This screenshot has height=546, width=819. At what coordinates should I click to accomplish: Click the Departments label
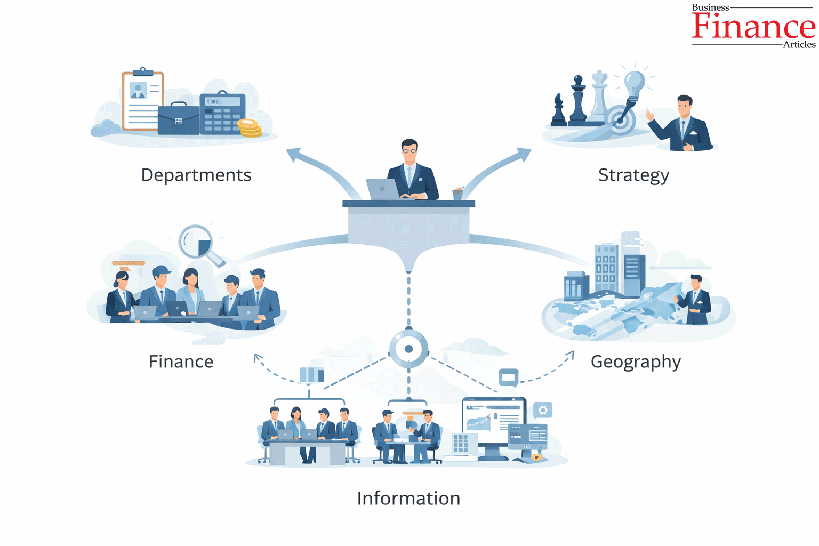[196, 175]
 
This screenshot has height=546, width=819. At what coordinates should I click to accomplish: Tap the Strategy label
[633, 175]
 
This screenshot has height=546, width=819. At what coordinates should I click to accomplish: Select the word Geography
[636, 362]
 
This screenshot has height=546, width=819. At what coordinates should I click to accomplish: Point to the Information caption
[408, 498]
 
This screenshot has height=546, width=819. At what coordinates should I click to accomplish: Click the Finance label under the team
[181, 362]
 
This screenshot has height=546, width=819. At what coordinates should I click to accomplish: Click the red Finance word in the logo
[753, 26]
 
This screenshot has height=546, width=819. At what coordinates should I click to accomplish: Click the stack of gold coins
[250, 128]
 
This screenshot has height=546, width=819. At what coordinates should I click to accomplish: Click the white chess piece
[599, 96]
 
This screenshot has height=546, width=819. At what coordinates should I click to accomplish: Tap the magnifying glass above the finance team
[200, 244]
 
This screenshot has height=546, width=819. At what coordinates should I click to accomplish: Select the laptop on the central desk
[383, 189]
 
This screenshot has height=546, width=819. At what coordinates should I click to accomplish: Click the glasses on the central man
[409, 151]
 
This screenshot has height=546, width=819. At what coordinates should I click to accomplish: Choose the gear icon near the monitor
[543, 410]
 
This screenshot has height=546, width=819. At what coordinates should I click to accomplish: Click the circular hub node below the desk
[409, 349]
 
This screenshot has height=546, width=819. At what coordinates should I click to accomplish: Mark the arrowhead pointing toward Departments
[294, 154]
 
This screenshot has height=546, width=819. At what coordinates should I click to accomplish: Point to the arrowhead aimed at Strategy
[524, 154]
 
